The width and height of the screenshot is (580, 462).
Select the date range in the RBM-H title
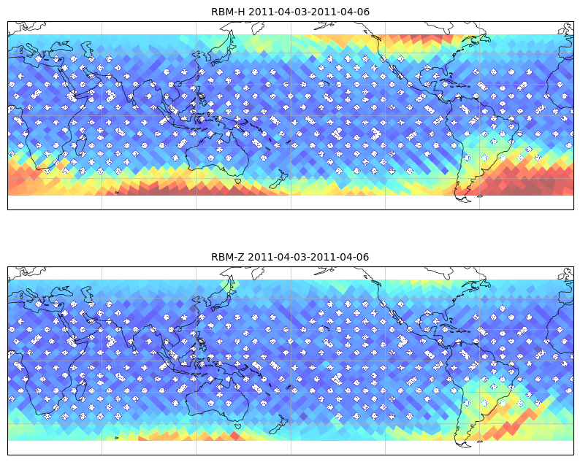click(309, 12)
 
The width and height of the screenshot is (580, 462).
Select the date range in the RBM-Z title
click(308, 257)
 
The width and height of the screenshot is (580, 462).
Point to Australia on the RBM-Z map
click(217, 399)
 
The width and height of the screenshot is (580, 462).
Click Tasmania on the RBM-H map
click(239, 181)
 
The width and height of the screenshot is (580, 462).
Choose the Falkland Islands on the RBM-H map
click(480, 196)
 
